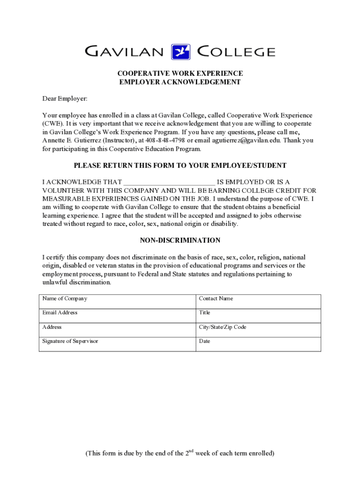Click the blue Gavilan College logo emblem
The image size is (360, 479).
(181, 52)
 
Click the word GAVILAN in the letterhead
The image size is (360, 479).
(124, 51)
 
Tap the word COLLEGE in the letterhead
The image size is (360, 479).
(237, 51)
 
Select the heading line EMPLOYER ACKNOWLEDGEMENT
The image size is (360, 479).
(180, 82)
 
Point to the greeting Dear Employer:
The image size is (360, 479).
(65, 99)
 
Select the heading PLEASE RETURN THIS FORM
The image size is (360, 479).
(180, 166)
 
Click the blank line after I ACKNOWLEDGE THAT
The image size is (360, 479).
(169, 182)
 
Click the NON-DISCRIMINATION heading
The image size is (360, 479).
(180, 240)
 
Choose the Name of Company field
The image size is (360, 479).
(117, 302)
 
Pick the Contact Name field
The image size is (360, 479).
(258, 302)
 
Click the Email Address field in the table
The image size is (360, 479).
(117, 316)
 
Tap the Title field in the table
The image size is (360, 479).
(258, 316)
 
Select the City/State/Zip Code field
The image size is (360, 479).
(258, 330)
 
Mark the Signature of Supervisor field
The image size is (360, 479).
(117, 344)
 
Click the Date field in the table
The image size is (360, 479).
(258, 344)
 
